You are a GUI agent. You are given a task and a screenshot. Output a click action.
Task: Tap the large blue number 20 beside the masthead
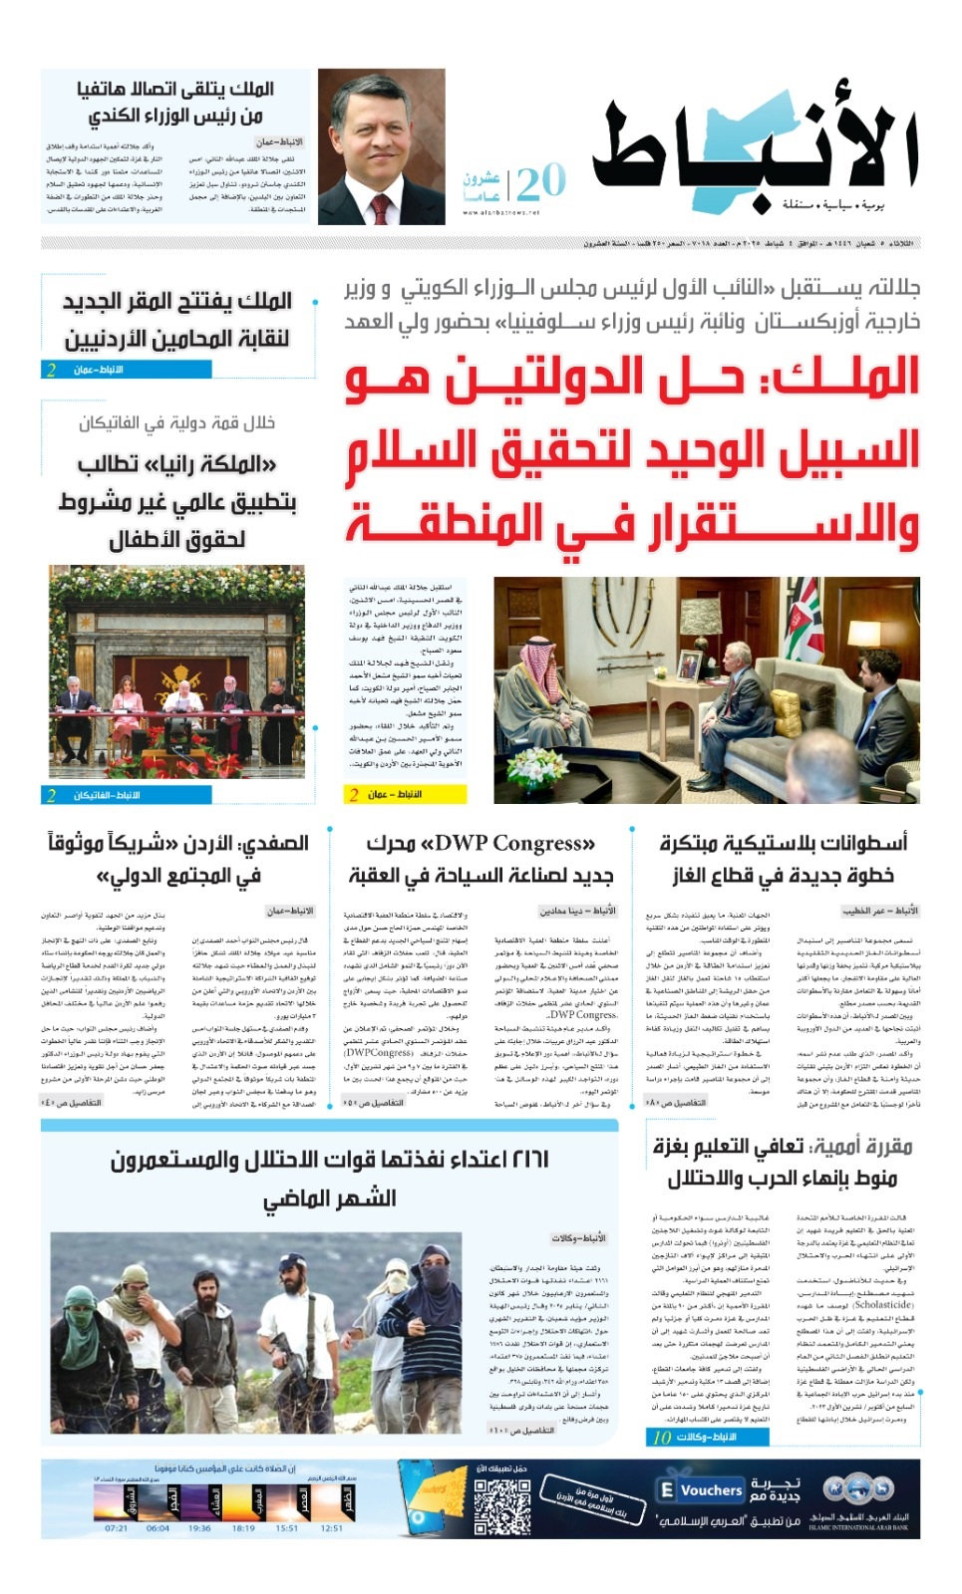(x=541, y=182)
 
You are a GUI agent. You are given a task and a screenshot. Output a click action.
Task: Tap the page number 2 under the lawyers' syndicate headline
(x=51, y=370)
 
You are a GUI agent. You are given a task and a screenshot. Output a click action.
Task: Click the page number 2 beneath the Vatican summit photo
(x=51, y=795)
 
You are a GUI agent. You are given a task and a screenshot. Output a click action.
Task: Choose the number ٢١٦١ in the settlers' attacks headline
(x=522, y=1159)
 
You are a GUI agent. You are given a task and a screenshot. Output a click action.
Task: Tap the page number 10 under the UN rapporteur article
(x=662, y=1437)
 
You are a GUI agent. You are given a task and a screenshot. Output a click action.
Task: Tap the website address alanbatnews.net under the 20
(x=501, y=212)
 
